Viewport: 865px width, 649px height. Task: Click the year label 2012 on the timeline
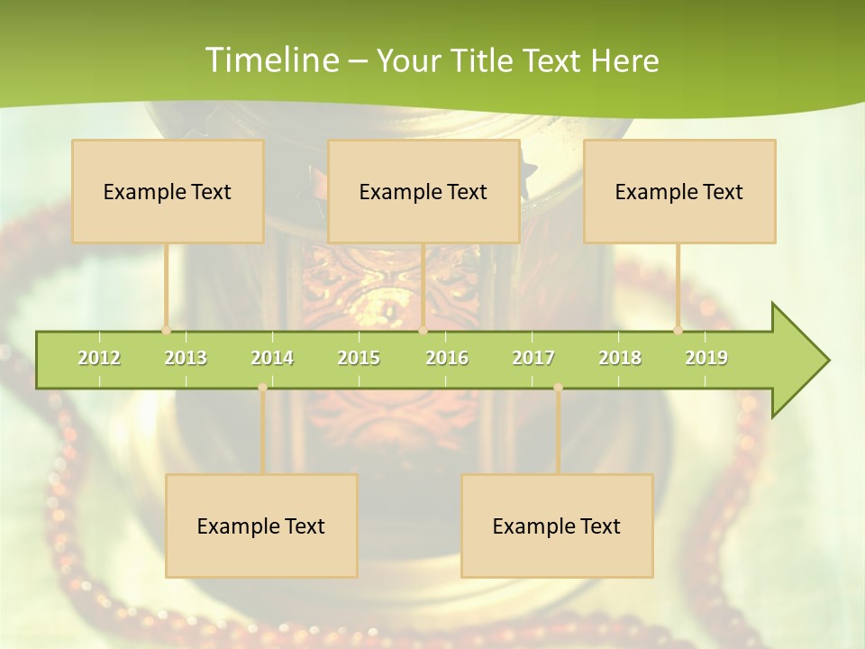coord(99,358)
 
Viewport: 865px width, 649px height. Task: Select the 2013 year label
coord(186,358)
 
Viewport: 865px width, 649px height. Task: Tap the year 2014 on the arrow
coord(272,358)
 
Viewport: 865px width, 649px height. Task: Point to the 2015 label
coord(359,358)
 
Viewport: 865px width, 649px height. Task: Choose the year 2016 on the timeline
coord(447,358)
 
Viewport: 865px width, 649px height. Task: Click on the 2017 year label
coord(533,358)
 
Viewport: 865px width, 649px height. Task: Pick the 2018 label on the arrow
coord(620,358)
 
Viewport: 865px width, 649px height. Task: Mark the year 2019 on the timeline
coord(706,358)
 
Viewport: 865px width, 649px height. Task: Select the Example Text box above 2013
coord(168,191)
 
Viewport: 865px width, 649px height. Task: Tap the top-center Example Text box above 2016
coord(423,191)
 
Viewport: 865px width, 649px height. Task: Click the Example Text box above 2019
coord(679,191)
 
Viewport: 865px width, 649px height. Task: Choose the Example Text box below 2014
coord(261,526)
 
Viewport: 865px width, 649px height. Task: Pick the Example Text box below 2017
coord(557,526)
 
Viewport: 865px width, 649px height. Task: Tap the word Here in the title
coord(624,60)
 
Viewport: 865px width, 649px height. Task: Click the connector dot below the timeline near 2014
coord(262,388)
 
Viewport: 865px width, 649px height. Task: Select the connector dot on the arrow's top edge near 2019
coord(678,331)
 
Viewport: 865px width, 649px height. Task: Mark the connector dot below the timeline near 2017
coord(558,388)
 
